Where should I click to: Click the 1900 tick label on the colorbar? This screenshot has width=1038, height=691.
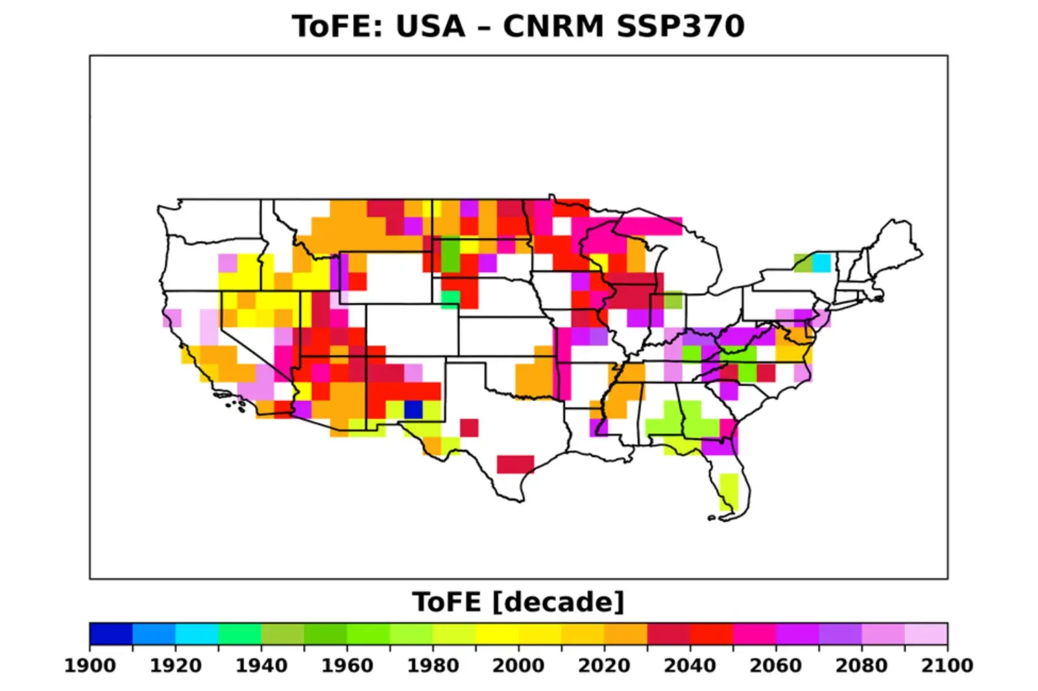click(x=90, y=666)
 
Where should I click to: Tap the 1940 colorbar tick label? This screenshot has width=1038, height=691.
click(x=261, y=666)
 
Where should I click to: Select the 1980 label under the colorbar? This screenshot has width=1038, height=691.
click(x=433, y=666)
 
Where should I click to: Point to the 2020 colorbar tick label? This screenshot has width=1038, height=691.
click(x=604, y=666)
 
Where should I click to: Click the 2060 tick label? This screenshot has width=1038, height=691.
click(x=775, y=666)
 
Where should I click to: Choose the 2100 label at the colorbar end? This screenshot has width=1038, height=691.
click(x=947, y=666)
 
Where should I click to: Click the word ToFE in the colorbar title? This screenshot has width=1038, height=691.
click(x=447, y=602)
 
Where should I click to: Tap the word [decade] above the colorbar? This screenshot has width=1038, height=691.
click(x=559, y=602)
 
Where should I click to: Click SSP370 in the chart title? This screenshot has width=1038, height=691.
click(x=680, y=27)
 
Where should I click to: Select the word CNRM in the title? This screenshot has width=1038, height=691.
click(x=553, y=27)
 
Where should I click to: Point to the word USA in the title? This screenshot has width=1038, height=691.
click(x=431, y=27)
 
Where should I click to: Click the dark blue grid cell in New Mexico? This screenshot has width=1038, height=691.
click(x=413, y=410)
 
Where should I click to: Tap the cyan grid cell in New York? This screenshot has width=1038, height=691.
click(x=821, y=263)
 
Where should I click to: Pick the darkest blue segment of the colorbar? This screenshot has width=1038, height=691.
click(x=111, y=633)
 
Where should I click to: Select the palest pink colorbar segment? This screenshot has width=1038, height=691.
click(x=926, y=633)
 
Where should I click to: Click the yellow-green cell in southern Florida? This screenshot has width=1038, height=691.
click(x=729, y=491)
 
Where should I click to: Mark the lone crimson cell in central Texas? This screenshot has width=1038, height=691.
click(x=469, y=428)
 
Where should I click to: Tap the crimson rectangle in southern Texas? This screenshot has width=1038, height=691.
click(x=515, y=464)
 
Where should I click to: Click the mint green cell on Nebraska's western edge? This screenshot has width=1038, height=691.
click(x=450, y=298)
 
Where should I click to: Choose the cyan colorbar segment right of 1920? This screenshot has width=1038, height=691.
click(x=197, y=633)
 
